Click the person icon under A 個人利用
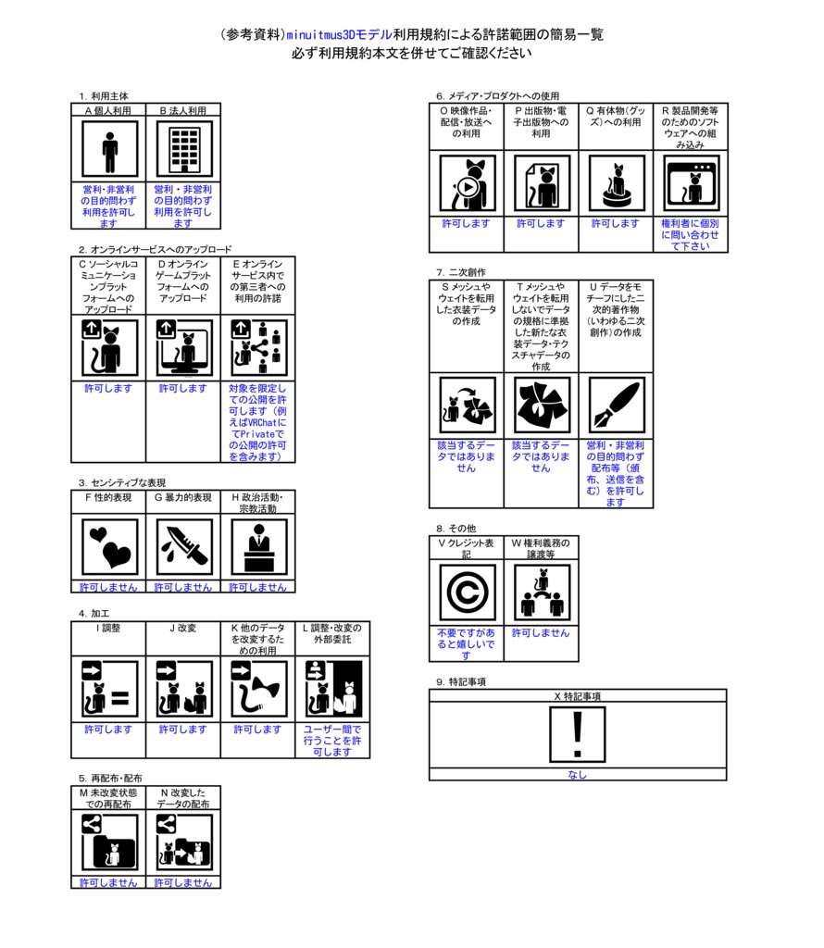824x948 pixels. tap(109, 149)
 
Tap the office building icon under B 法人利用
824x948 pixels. tap(184, 149)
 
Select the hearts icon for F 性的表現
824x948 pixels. tap(109, 546)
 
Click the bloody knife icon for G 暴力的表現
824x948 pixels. tap(184, 546)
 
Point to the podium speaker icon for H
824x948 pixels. tap(258, 546)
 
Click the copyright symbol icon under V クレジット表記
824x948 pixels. tap(468, 592)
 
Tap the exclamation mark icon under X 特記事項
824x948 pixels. tap(578, 734)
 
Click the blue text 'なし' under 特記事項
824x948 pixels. tap(578, 775)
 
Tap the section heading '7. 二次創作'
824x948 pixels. tap(461, 272)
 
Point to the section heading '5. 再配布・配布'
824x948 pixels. tap(110, 778)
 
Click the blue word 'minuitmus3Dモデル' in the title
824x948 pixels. tap(339, 34)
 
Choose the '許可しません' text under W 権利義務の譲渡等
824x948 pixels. tap(541, 633)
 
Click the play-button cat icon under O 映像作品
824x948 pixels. tap(468, 183)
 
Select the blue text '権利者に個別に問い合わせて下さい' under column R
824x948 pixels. tap(691, 234)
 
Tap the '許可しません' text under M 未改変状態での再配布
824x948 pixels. tap(109, 882)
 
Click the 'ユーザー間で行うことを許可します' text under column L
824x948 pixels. tap(332, 741)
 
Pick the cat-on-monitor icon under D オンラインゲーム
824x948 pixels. tap(184, 348)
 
